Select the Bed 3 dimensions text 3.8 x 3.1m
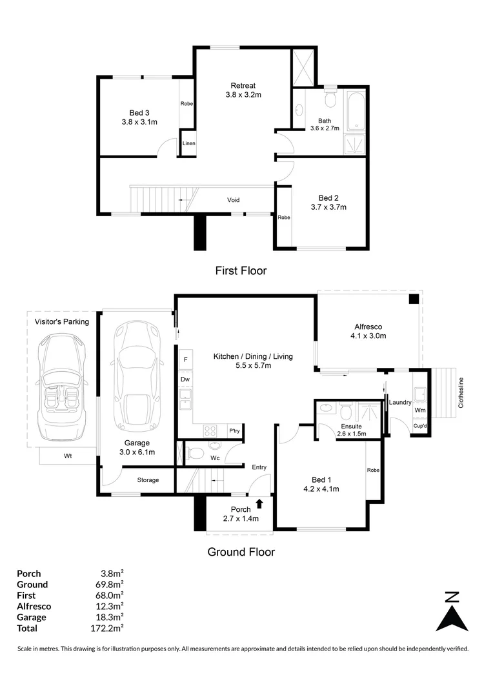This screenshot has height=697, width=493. pos(139,121)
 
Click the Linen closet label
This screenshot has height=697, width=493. pos(188,143)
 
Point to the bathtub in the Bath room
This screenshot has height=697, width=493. pos(355,113)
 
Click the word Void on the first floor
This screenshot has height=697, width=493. pos(234,199)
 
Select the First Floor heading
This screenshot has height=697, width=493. pos(241,271)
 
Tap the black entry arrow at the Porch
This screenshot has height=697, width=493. pos(259,503)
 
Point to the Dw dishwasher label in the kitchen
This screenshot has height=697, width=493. pos(185,379)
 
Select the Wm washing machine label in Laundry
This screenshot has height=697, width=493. pos(420,410)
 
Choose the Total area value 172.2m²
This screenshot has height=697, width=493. pos(108,628)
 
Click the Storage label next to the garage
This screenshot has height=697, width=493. pos(148,480)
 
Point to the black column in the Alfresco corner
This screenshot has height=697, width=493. pos(414,299)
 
